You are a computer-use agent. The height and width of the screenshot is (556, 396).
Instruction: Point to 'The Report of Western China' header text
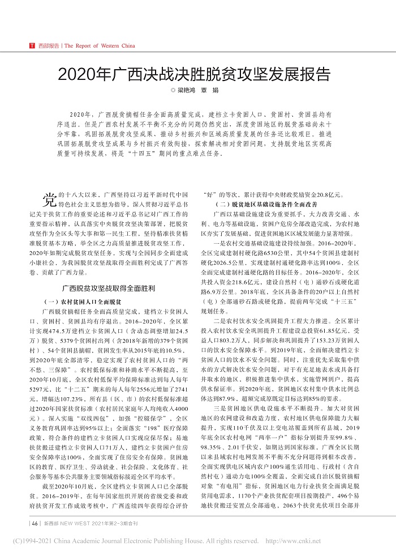click(100, 45)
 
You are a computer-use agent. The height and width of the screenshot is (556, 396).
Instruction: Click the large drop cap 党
click(49, 200)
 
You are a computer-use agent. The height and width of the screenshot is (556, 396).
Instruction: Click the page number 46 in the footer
click(35, 523)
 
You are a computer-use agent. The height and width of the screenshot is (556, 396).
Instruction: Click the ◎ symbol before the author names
click(174, 90)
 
